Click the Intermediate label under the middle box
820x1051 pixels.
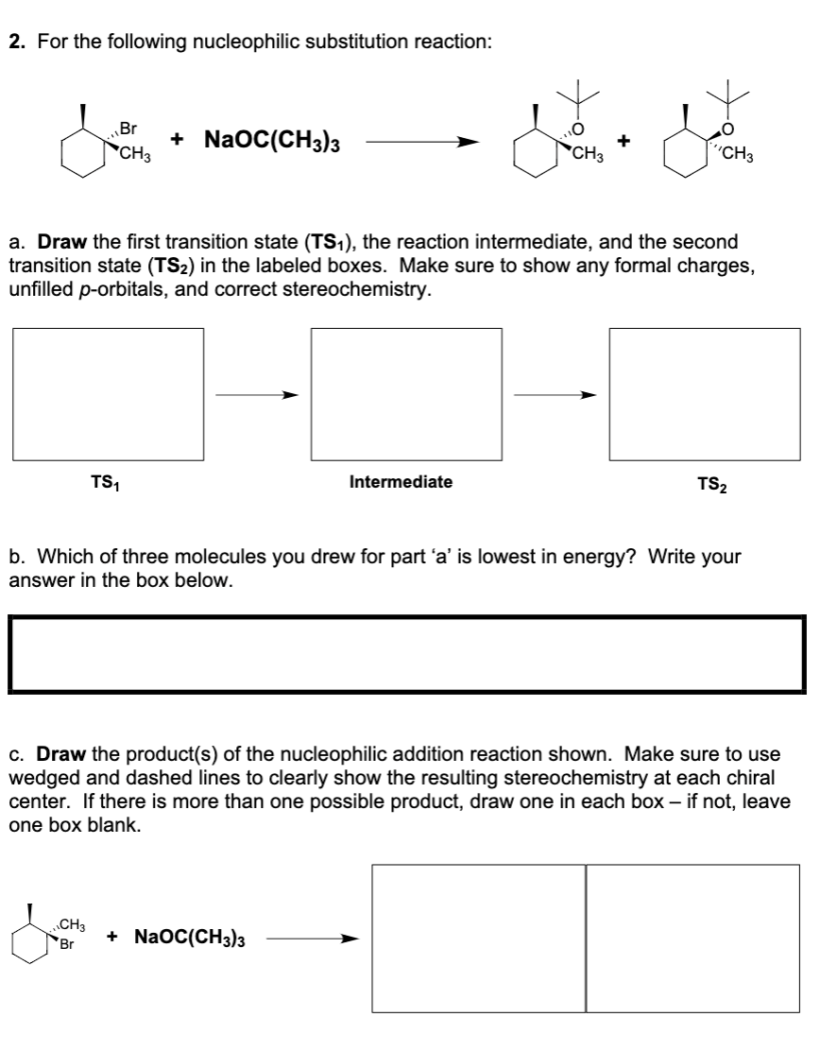[401, 482]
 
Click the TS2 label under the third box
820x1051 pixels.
[710, 485]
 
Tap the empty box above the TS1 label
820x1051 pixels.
[109, 396]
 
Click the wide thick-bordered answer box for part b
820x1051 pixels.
[409, 654]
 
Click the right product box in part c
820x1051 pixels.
[692, 939]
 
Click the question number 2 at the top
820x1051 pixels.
[14, 42]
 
